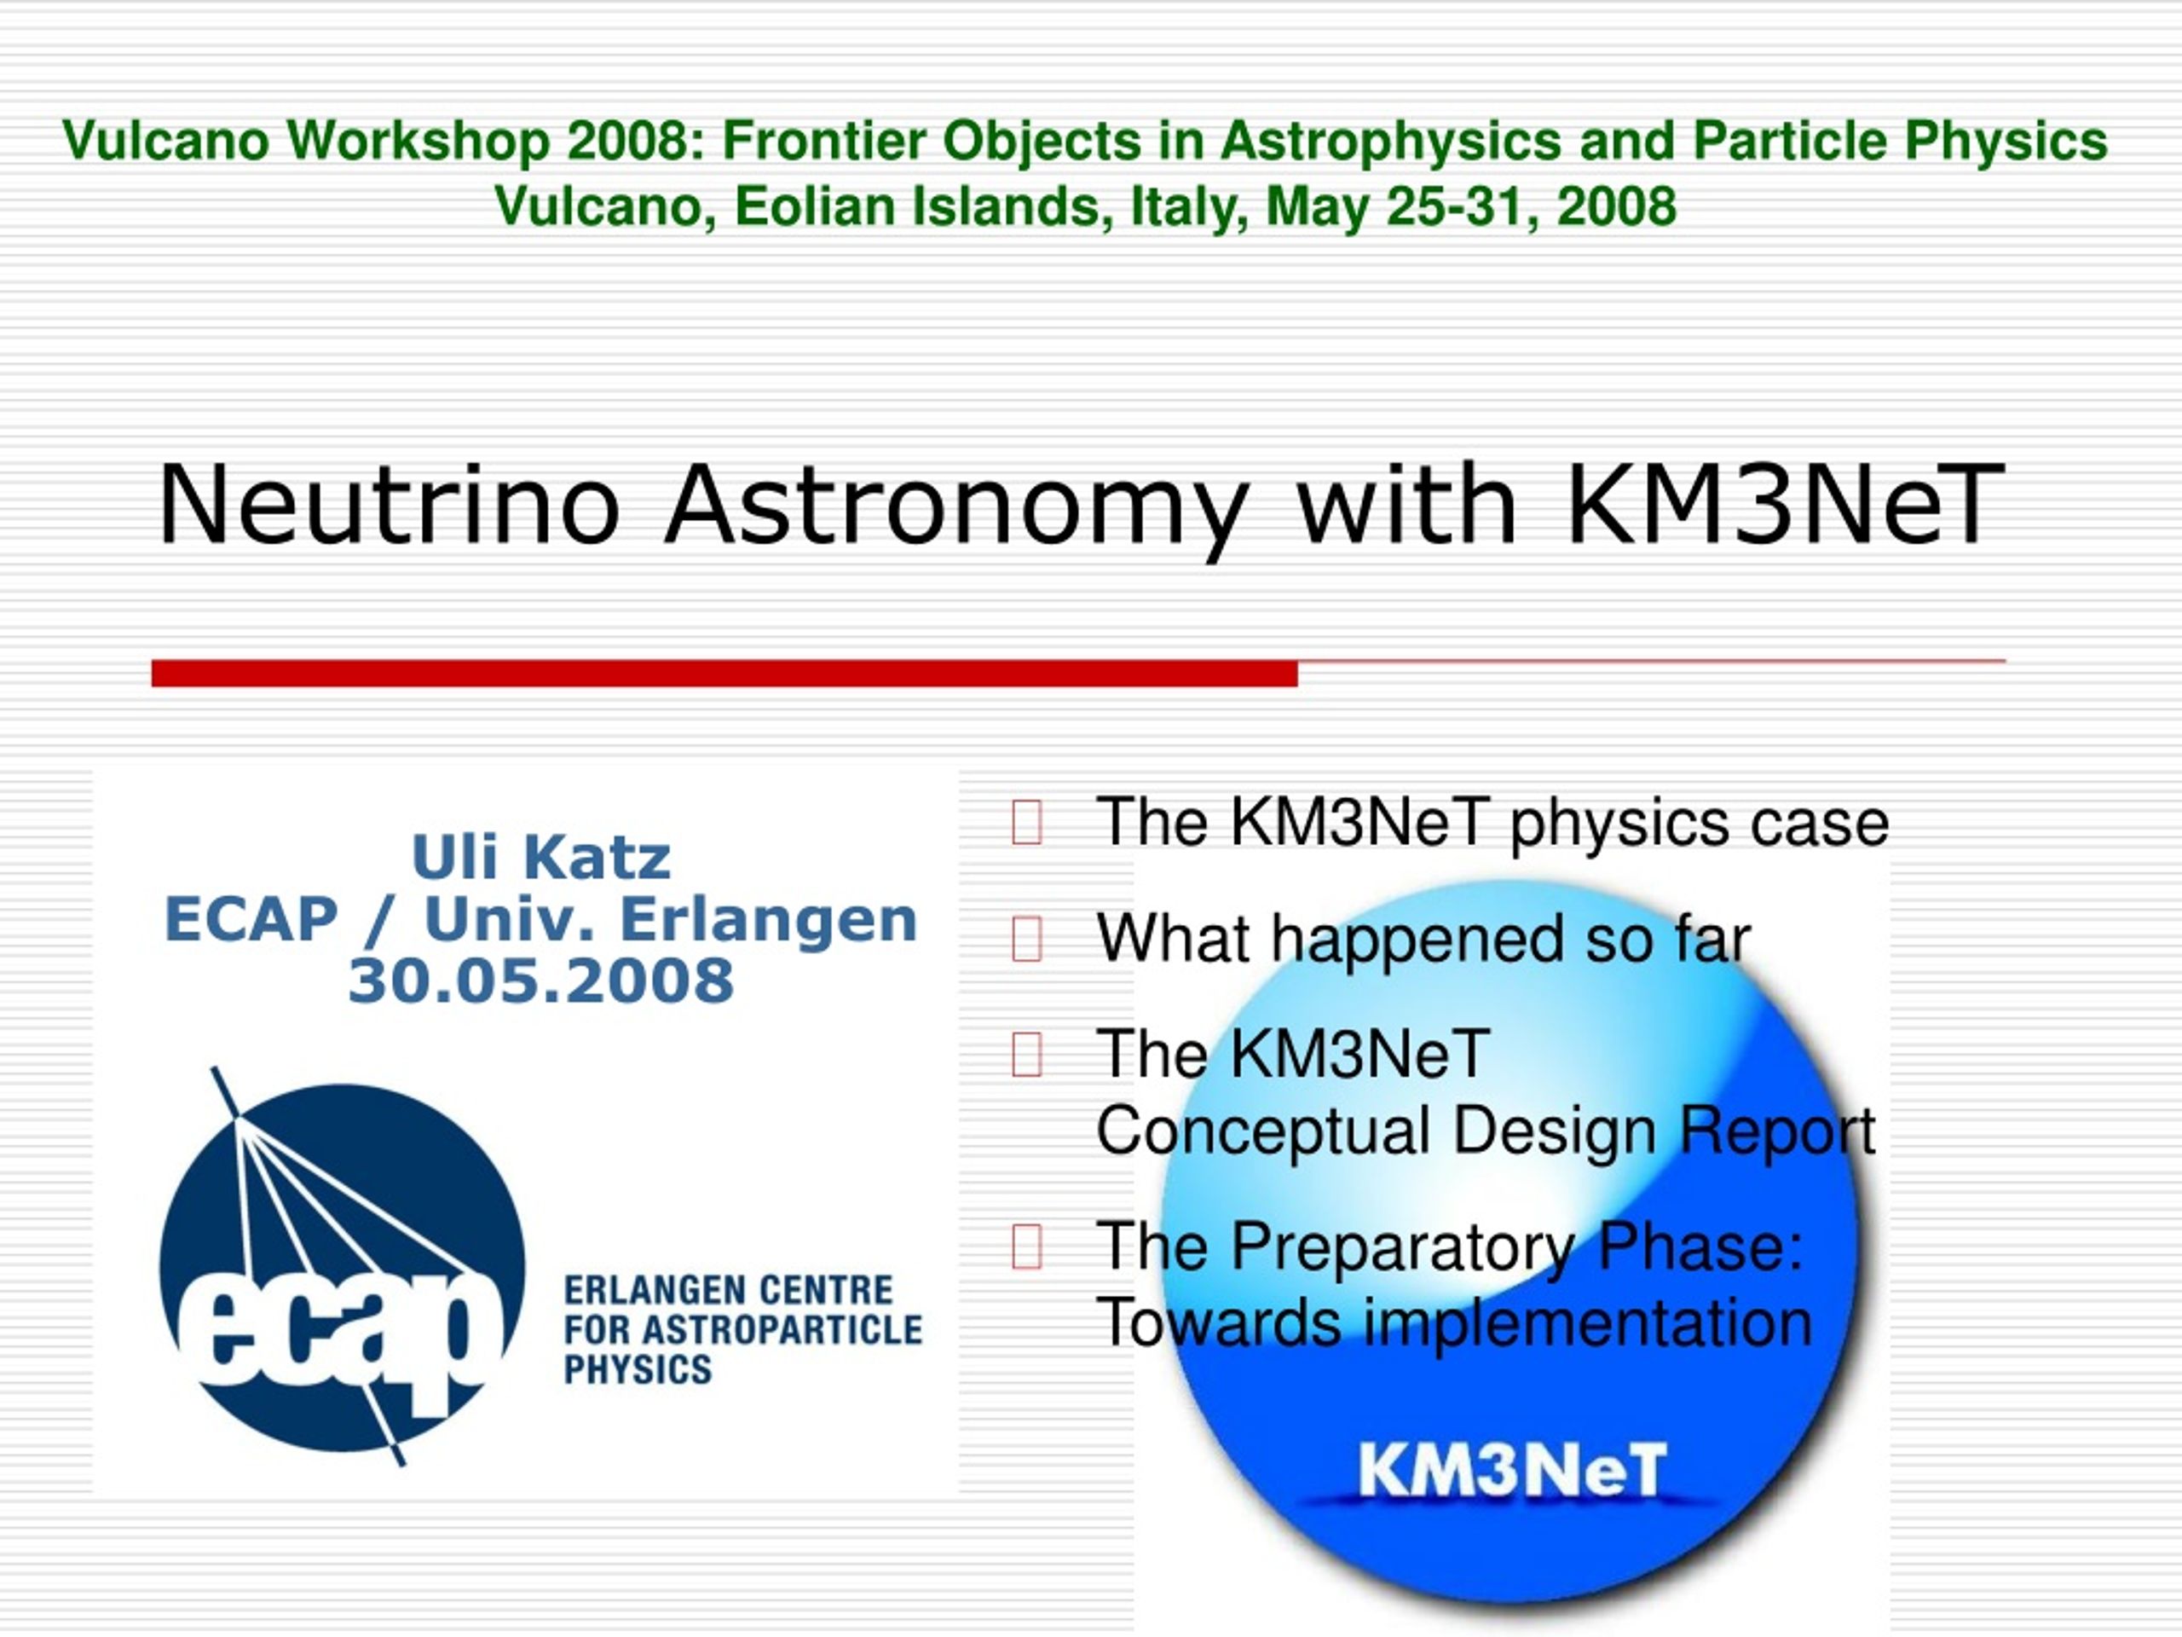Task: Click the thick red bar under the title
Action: point(724,673)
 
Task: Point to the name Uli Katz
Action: point(541,857)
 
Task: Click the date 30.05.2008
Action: point(541,980)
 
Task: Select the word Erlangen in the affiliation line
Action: point(770,922)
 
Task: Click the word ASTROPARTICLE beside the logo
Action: point(782,1330)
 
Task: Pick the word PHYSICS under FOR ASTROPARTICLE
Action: point(638,1369)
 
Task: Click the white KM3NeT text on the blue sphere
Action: point(1512,1469)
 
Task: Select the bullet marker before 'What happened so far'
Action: point(1027,939)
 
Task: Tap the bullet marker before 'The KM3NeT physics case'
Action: point(1027,822)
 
